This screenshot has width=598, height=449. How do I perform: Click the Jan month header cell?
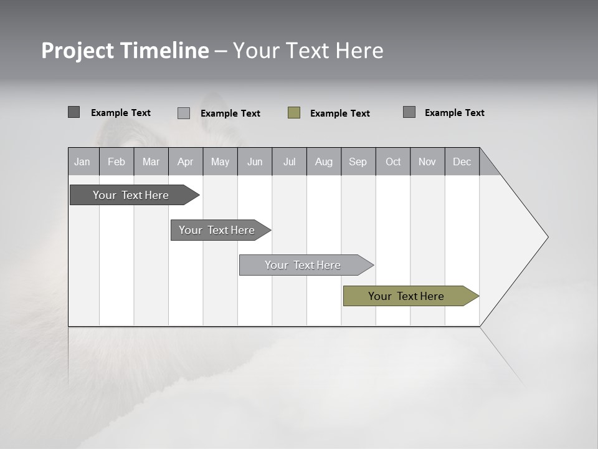pyautogui.click(x=83, y=162)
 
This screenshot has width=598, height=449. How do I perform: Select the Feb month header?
pyautogui.click(x=116, y=162)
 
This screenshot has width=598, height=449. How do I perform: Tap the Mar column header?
pyautogui.click(x=151, y=162)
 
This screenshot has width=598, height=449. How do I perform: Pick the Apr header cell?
pyautogui.click(x=186, y=162)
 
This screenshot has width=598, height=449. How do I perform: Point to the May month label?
pyautogui.click(x=220, y=162)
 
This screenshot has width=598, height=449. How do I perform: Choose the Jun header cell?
pyautogui.click(x=255, y=162)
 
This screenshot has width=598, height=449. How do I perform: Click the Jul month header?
pyautogui.click(x=289, y=162)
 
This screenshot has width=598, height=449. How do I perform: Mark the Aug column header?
pyautogui.click(x=324, y=162)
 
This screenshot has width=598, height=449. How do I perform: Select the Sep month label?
pyautogui.click(x=358, y=162)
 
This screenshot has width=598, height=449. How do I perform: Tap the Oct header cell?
pyautogui.click(x=393, y=162)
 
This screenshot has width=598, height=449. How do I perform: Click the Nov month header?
pyautogui.click(x=427, y=162)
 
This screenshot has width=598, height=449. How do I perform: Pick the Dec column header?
pyautogui.click(x=462, y=162)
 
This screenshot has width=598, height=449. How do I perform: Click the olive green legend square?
pyautogui.click(x=294, y=113)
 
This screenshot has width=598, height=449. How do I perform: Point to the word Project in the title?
pyautogui.click(x=78, y=51)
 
